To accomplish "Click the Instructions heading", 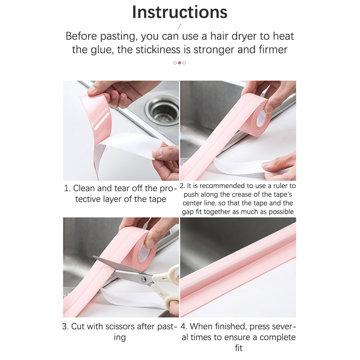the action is (180, 12).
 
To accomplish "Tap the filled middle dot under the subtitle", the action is (180, 63).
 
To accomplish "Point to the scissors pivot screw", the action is (144, 279).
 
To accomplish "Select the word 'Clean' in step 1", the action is (84, 188).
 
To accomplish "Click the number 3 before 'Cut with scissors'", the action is (64, 326).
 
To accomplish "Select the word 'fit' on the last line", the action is (238, 348).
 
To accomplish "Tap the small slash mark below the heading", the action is (180, 27).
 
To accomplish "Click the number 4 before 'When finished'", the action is (183, 326).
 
